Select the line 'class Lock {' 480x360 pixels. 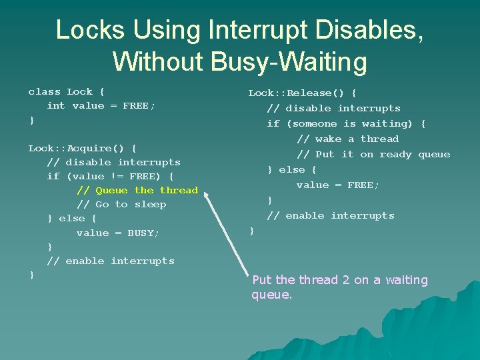(x=66, y=92)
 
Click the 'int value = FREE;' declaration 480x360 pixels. (x=101, y=106)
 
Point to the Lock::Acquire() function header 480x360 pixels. (x=82, y=148)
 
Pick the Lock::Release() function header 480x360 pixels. (x=302, y=93)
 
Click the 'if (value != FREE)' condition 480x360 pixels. (x=110, y=177)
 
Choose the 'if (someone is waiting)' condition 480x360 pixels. (x=345, y=124)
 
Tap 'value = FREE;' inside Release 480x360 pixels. (x=337, y=185)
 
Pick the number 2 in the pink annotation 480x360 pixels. (x=345, y=280)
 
